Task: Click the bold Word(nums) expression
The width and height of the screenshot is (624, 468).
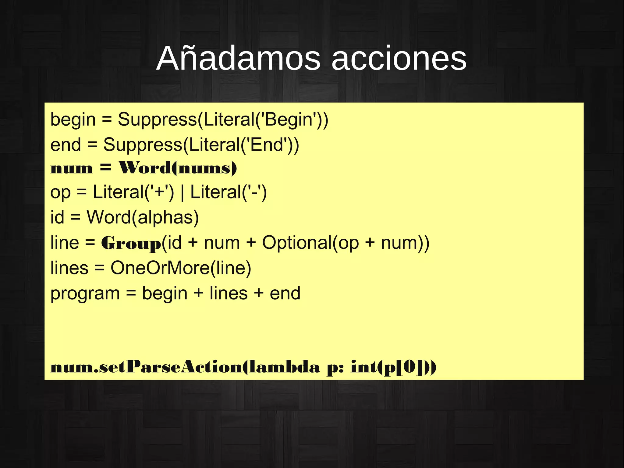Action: pyautogui.click(x=178, y=168)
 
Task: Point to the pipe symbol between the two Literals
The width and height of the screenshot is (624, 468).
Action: pyautogui.click(x=182, y=193)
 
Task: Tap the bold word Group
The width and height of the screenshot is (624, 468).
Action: pyautogui.click(x=131, y=243)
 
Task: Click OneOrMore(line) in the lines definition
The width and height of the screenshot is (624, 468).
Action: pyautogui.click(x=181, y=268)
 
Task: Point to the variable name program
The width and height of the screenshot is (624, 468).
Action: pyautogui.click(x=85, y=294)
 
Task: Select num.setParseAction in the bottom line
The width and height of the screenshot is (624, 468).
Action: pyautogui.click(x=146, y=367)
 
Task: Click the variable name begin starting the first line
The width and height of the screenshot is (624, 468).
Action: pyautogui.click(x=73, y=120)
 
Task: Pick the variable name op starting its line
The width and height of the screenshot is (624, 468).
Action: pyautogui.click(x=60, y=193)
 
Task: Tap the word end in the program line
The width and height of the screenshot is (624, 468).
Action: pyautogui.click(x=285, y=293)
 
